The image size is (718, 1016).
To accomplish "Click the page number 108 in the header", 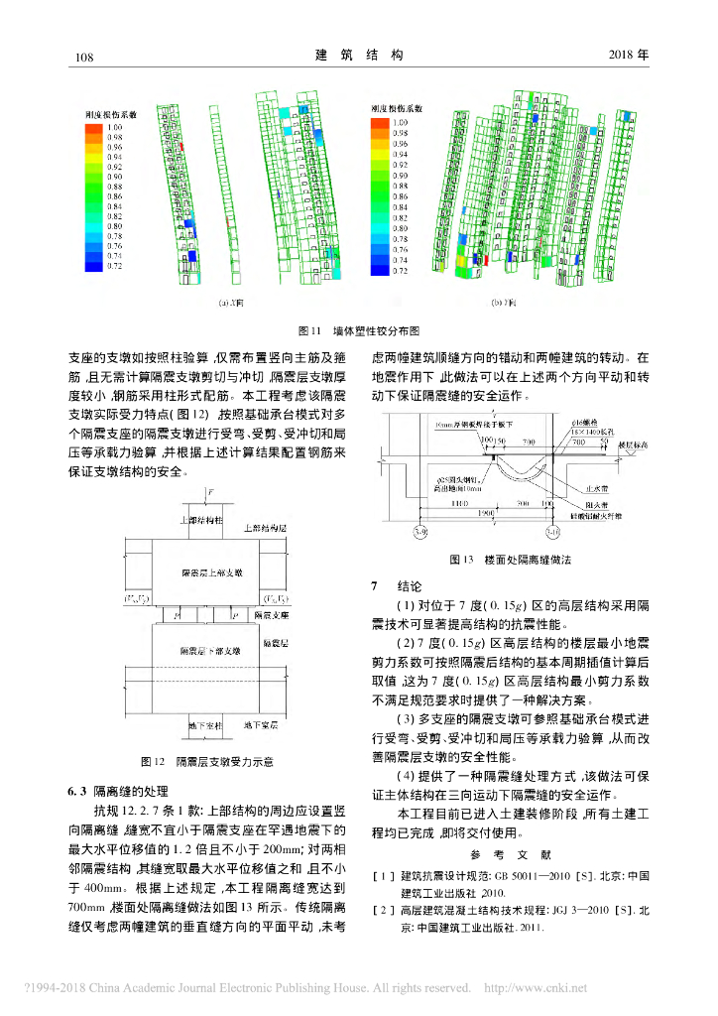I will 83,57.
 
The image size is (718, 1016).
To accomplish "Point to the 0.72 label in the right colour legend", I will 401,270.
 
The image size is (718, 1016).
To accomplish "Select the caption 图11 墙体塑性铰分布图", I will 360,328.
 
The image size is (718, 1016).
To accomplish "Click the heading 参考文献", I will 502,854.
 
